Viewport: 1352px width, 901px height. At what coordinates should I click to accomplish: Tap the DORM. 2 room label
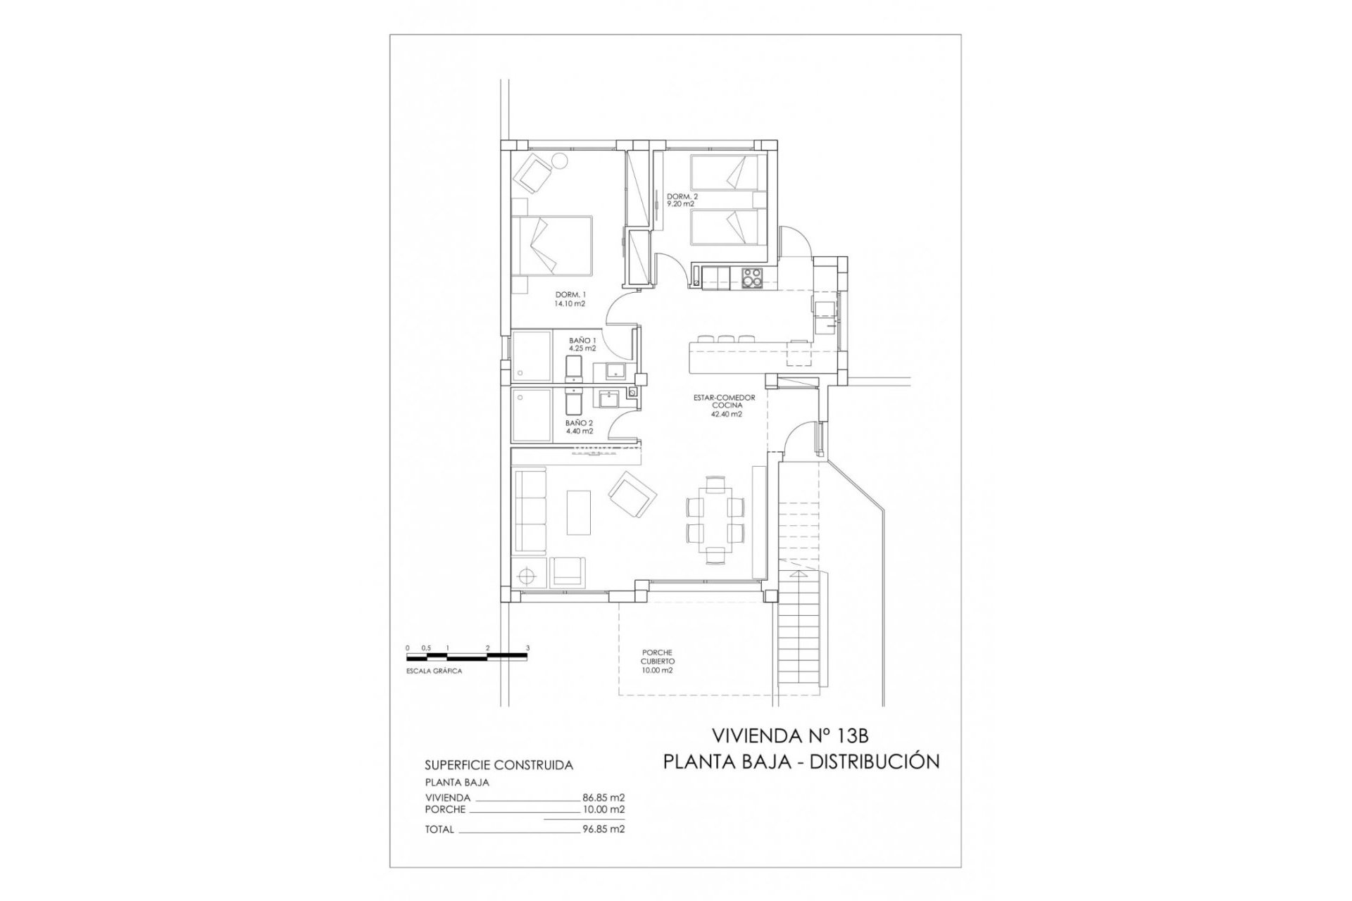coord(682,200)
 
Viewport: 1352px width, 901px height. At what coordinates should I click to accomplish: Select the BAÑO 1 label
coord(582,344)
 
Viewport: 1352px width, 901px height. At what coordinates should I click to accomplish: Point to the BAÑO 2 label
coord(579,427)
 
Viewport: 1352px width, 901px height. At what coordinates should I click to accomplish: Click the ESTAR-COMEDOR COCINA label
coord(724,405)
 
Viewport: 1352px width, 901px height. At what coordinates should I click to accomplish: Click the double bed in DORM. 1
coord(551,246)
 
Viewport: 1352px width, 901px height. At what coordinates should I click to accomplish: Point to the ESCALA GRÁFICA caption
coord(434,672)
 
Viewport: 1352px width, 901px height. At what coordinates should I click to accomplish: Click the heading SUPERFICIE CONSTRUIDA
coord(499,765)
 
